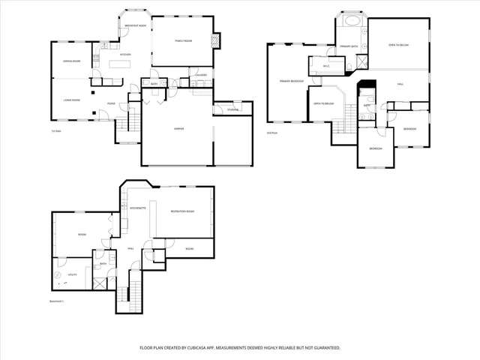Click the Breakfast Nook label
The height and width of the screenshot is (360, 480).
point(136,25)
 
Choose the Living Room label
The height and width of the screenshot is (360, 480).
point(71,99)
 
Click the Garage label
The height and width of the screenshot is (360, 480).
point(179,129)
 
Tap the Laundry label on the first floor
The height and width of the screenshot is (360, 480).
point(200,76)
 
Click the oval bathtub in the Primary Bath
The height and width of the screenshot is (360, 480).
point(351,21)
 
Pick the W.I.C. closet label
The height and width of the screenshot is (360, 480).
point(326,66)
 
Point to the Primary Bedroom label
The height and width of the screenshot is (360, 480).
point(291,81)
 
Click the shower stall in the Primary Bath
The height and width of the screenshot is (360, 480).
point(361,62)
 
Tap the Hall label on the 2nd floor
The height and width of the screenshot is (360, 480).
point(401,84)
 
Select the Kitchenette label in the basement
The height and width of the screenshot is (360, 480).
point(137,207)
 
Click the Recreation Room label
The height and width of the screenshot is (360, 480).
point(183,212)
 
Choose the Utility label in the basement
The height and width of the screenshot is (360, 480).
point(73,274)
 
